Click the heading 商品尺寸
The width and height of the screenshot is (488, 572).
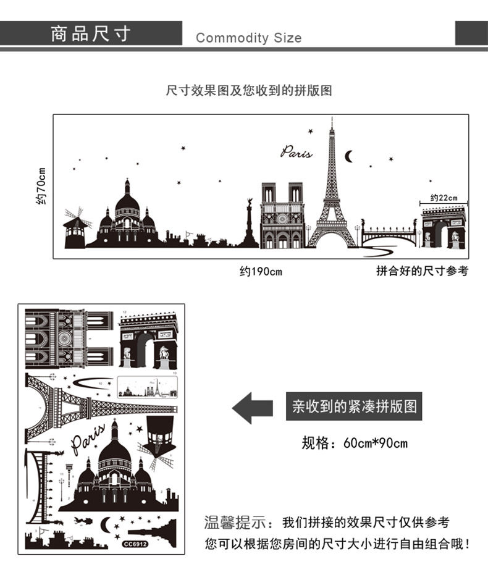tap(91, 33)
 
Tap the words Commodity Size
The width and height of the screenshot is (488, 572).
tap(248, 38)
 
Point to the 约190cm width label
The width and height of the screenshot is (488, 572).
tap(261, 271)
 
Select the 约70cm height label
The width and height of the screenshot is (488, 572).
tap(41, 186)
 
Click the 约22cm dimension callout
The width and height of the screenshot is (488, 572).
tap(444, 198)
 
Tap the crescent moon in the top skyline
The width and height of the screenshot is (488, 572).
tap(349, 156)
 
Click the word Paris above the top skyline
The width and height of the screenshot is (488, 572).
tap(297, 152)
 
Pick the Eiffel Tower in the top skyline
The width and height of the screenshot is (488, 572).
tap(332, 198)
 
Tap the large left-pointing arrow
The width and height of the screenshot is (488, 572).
tap(252, 407)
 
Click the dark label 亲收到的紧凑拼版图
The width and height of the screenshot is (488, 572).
tap(354, 407)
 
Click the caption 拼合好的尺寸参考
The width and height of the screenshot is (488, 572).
tap(422, 271)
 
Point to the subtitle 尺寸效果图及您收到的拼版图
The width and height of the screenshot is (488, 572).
tap(249, 91)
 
